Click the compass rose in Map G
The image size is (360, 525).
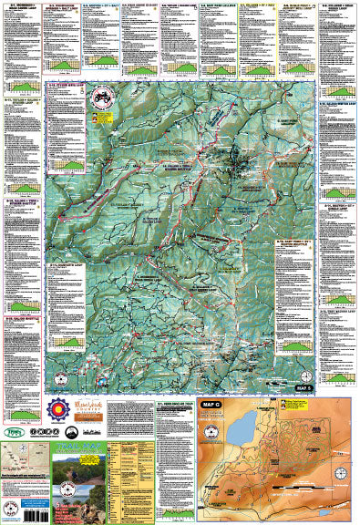coord(341,447)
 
